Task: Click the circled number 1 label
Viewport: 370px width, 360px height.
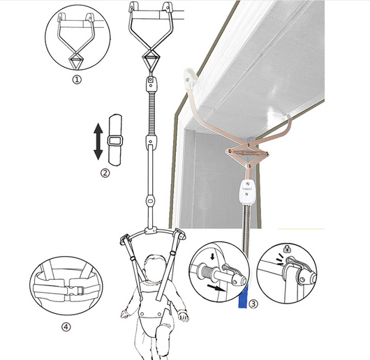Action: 77,80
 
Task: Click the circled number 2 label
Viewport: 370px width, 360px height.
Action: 105,173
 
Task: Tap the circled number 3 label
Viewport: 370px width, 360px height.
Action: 253,304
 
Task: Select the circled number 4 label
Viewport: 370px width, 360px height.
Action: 66,327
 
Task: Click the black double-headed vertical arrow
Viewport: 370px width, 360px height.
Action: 98,142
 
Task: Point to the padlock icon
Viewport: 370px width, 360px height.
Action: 287,248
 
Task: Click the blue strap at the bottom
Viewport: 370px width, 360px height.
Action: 243,296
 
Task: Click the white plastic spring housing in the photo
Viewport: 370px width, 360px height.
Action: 246,191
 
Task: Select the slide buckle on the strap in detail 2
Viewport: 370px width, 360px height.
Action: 115,141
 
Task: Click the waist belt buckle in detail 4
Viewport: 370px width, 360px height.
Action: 75,290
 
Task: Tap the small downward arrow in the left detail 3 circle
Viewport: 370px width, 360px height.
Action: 213,256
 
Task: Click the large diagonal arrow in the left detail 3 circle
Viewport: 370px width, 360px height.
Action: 216,287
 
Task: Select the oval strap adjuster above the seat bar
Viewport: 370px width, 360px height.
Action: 150,202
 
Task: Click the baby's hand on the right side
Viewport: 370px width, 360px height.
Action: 184,317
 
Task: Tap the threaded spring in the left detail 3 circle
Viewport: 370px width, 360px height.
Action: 207,272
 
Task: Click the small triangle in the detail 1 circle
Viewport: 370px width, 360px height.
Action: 76,61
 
